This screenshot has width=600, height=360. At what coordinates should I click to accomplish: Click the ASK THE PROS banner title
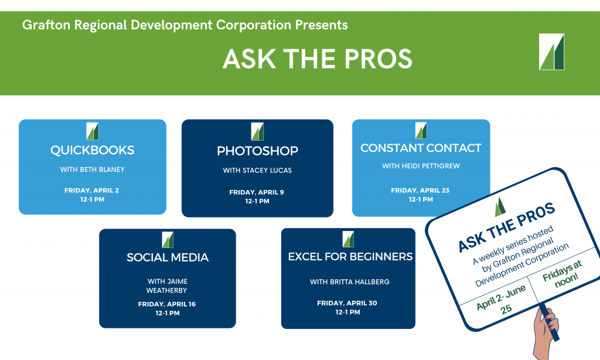[317, 59]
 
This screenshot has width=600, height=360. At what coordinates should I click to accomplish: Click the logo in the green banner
[551, 52]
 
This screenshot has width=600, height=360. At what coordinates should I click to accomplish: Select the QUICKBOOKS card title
[92, 150]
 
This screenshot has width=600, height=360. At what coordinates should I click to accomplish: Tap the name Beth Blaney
[102, 169]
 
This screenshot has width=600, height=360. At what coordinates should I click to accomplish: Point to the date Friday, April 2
[91, 191]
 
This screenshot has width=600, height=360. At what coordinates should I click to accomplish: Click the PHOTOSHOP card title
[258, 151]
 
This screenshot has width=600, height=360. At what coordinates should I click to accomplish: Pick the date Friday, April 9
[257, 192]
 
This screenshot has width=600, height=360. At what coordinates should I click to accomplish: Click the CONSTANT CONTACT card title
[421, 148]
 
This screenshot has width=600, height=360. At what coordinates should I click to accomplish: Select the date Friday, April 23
[420, 191]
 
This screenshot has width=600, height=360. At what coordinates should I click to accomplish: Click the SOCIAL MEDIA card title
[168, 257]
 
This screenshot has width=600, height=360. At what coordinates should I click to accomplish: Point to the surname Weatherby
[166, 291]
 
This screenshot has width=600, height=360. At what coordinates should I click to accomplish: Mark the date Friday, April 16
[167, 304]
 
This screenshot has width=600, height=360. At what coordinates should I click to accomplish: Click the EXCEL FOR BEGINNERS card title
[350, 257]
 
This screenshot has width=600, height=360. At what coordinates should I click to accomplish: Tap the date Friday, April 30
[347, 303]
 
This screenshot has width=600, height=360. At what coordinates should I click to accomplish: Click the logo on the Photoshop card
[258, 131]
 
